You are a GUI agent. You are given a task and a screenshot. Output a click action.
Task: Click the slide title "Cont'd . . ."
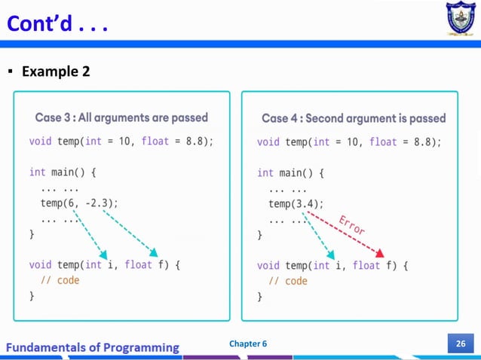pos(57,24)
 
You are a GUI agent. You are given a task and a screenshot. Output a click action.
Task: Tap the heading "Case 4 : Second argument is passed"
pos(354,118)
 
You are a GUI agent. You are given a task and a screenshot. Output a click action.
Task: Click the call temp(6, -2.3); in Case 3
pos(79,203)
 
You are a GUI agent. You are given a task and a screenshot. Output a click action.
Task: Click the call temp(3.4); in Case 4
pos(296,203)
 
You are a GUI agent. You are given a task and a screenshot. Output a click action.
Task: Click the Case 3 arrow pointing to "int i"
pos(91,232)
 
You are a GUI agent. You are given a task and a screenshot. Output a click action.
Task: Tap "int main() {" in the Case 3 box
pos(63,172)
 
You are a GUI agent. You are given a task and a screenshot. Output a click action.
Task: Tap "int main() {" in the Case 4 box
pos(290,172)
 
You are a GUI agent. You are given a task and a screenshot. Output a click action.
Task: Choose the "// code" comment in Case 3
pos(60,280)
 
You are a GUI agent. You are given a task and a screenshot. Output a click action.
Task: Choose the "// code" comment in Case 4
pos(288,281)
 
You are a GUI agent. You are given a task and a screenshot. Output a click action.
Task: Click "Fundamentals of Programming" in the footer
pos(93,347)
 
